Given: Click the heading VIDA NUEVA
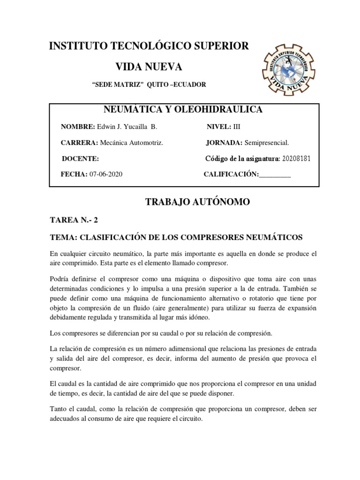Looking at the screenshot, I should (x=149, y=66).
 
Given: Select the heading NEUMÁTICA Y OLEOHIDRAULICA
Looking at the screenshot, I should (x=183, y=110).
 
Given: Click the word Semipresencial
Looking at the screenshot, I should (x=265, y=142).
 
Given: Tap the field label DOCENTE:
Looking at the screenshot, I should (x=80, y=158).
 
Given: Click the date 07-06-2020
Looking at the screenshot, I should (x=107, y=174).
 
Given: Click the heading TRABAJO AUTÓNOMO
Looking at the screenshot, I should (x=192, y=202).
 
